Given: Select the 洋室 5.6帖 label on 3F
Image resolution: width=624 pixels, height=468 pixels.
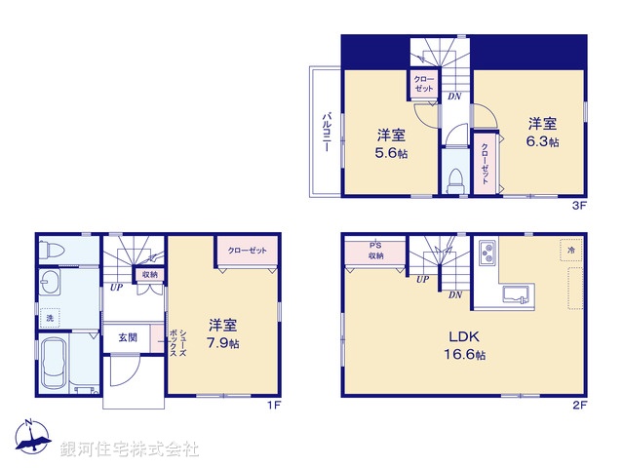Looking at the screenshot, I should (x=390, y=143).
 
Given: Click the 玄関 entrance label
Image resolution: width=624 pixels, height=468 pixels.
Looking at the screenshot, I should (x=129, y=337).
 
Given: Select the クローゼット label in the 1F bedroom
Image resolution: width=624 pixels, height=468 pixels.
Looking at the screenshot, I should (x=248, y=252).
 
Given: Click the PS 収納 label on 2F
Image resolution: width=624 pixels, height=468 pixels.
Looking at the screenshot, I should (x=375, y=251).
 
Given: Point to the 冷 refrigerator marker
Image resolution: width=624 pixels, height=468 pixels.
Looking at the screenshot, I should (x=569, y=252).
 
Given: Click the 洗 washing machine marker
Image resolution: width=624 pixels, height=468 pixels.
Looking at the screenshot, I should (x=51, y=318).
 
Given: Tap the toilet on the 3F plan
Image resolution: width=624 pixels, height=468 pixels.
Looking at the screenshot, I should (x=453, y=180).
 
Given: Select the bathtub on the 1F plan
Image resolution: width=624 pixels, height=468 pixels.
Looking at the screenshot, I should (x=54, y=365).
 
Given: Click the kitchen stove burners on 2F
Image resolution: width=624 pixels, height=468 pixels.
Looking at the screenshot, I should (x=487, y=256).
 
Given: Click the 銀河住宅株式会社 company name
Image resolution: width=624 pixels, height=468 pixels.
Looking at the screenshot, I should (x=130, y=449).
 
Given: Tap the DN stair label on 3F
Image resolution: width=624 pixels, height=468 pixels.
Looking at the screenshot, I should (x=454, y=97).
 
